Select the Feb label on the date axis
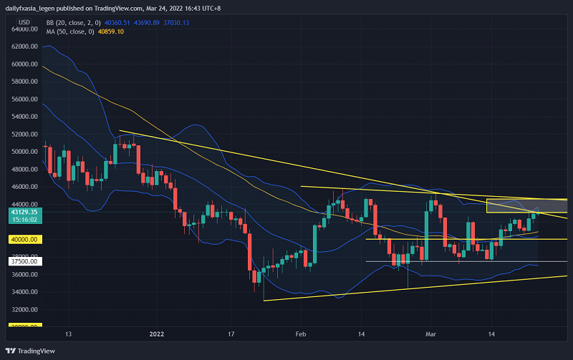[x=300, y=334]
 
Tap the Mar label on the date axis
[x=431, y=334]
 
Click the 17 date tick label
[x=231, y=334]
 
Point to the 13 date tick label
[x=68, y=334]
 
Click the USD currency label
[x=24, y=22]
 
